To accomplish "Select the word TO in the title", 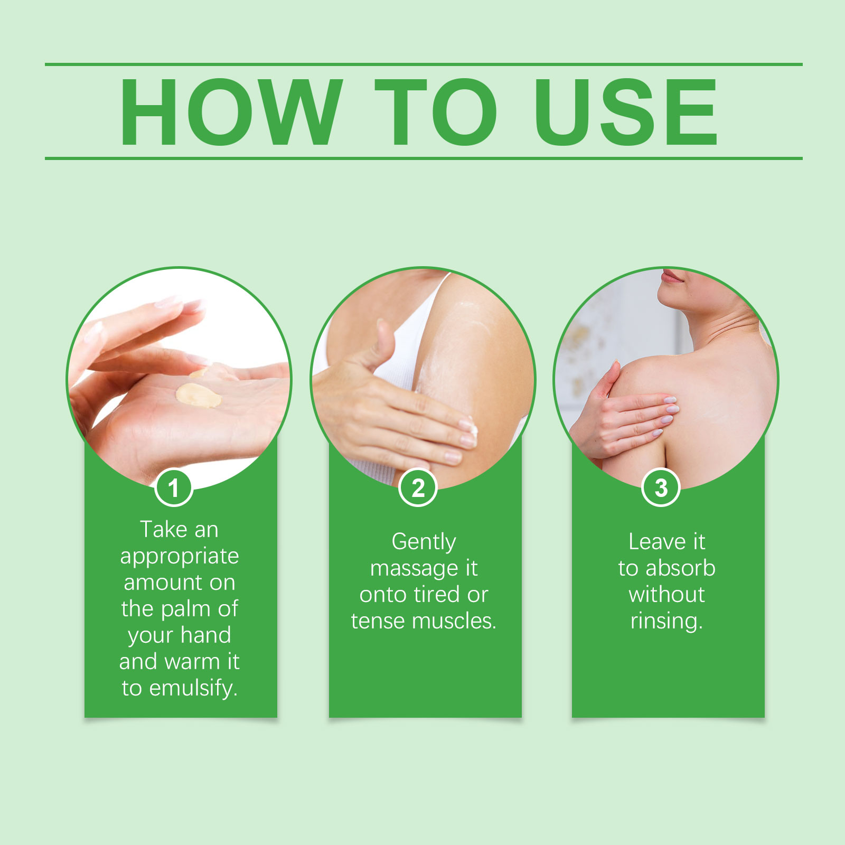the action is pos(436,112).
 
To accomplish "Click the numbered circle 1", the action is pos(173,487).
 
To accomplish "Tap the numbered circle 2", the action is pos(418,487).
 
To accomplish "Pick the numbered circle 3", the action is pos(661,487).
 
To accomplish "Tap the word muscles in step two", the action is pos(454,621).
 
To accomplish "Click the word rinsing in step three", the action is pos(666,621).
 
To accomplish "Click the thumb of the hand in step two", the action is pos(384,341).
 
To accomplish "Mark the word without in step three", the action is pos(666,595).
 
